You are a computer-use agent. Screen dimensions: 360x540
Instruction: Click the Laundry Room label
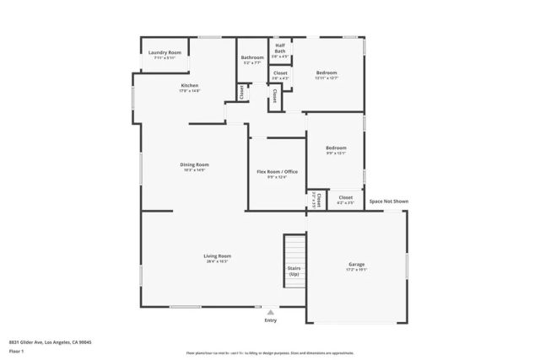pos(165,52)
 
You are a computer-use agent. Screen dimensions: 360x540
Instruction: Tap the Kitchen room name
pos(190,85)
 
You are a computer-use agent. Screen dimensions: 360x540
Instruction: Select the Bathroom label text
pos(253,57)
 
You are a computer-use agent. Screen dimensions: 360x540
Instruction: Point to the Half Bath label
pos(280,49)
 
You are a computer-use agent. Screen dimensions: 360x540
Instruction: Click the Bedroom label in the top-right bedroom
pos(327,73)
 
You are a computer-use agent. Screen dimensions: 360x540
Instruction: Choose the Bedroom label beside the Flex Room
pos(336,148)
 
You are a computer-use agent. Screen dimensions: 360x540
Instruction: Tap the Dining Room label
pos(194,164)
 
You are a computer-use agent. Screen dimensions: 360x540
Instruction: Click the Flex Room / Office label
pos(277,171)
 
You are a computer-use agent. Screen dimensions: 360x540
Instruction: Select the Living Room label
pos(217,255)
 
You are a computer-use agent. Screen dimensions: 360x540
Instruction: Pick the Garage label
pos(356,264)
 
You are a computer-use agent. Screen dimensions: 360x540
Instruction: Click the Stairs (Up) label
pos(294,271)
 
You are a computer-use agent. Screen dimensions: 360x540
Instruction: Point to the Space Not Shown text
pos(388,201)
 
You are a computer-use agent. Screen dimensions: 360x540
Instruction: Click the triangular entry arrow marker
pos(271,311)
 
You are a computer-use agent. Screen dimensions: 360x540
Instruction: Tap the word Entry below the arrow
pos(271,320)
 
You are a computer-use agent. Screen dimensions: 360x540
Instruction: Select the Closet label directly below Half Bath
pos(280,73)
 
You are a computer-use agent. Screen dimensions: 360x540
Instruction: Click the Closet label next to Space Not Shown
pos(345,197)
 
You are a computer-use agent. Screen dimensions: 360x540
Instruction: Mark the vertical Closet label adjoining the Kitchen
pos(241,92)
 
